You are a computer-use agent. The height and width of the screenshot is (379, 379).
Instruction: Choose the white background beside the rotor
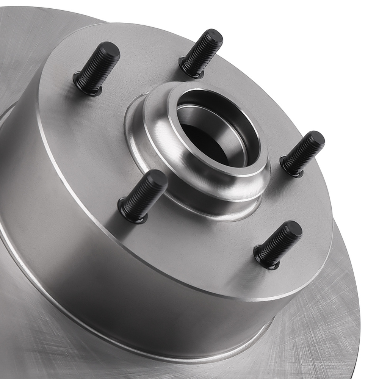322,38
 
